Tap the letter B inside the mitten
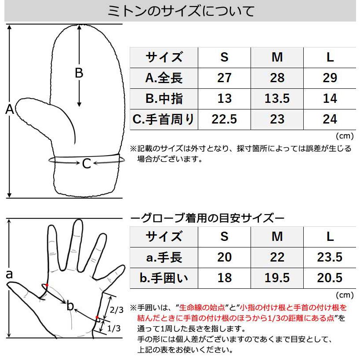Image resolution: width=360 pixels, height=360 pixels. point(79,73)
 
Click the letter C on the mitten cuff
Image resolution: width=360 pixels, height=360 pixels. point(87,164)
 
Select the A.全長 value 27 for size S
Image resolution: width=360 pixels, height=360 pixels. point(224,78)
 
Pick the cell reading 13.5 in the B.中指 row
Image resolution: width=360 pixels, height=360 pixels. point(277,98)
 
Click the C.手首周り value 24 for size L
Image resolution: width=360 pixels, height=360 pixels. point(330,119)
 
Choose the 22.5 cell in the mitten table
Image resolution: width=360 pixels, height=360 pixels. point(224,119)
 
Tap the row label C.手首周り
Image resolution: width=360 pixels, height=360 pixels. point(164,119)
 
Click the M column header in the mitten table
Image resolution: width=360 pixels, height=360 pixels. point(277,57)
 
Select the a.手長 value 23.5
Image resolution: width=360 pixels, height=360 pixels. point(330,257)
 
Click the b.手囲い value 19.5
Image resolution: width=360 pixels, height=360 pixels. point(277,278)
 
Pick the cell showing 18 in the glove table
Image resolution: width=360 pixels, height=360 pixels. point(224,278)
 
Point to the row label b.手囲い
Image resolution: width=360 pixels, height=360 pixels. point(164,278)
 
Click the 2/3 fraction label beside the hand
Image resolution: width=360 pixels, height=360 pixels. point(116,310)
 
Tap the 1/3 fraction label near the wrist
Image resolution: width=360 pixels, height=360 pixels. point(113,327)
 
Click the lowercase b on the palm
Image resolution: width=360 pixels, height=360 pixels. point(70,306)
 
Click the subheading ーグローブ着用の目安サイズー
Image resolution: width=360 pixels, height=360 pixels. point(208,218)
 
